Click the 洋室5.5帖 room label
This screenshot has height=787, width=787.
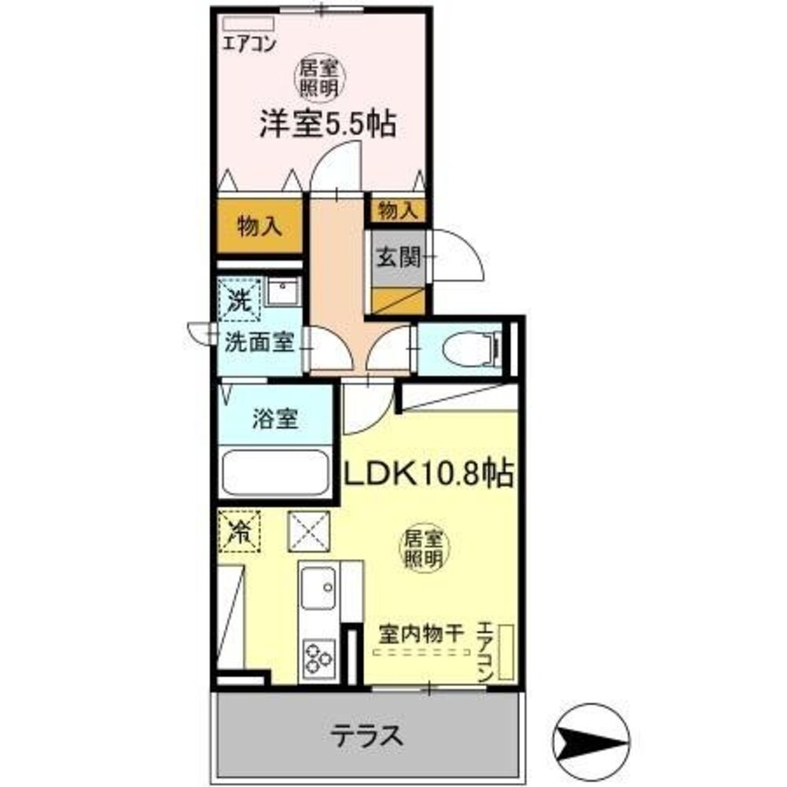click(x=327, y=124)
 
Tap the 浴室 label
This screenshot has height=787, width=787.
click(x=275, y=419)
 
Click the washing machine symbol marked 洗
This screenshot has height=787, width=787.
click(x=238, y=299)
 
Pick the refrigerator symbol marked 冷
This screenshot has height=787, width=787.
click(x=238, y=532)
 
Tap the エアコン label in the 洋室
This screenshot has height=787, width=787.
click(x=247, y=44)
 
